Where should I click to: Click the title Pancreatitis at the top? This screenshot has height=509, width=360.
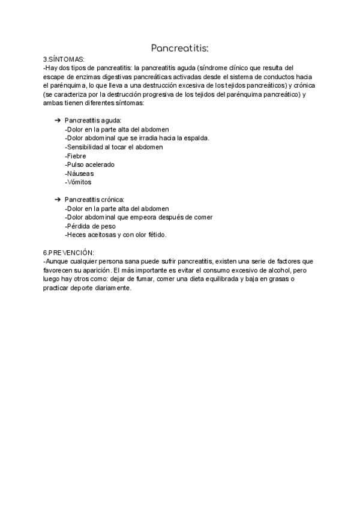[x=179, y=47]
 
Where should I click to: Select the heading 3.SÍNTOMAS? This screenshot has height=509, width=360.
[x=64, y=60]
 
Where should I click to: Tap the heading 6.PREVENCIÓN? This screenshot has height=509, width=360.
[x=69, y=253]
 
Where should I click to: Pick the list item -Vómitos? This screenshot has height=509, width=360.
[x=78, y=182]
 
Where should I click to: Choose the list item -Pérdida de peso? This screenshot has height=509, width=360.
[x=89, y=226]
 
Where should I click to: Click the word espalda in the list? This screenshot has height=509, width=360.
[x=196, y=138]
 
